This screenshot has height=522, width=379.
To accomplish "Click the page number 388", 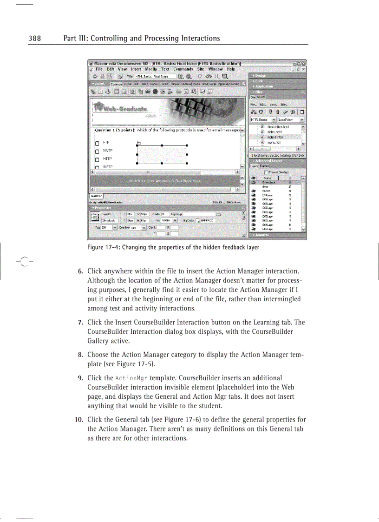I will pos(34,38).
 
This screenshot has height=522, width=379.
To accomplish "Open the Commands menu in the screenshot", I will pos(183,69).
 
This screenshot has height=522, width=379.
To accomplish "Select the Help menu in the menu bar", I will pos(230,69).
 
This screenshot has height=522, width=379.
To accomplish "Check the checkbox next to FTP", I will pos(98,142).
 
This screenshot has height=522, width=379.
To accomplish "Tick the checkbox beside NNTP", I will pos(98,151).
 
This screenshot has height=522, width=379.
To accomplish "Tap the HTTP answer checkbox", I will pos(98,159).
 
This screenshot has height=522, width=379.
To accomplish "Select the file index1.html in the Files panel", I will pos(275,137).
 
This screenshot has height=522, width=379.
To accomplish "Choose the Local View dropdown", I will pos(291,119).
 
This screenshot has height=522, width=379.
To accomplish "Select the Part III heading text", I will pos(142,38).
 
